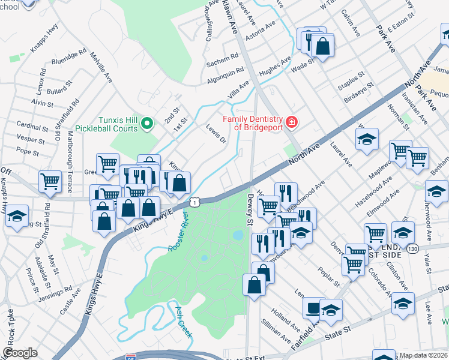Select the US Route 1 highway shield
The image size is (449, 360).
click(195, 203)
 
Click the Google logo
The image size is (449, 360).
click(20, 353)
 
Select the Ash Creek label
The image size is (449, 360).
click(183, 322)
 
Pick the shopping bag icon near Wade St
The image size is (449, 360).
click(322, 45)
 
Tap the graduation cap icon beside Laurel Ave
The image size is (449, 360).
click(367, 140)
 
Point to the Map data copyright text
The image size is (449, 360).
click(423, 355)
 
